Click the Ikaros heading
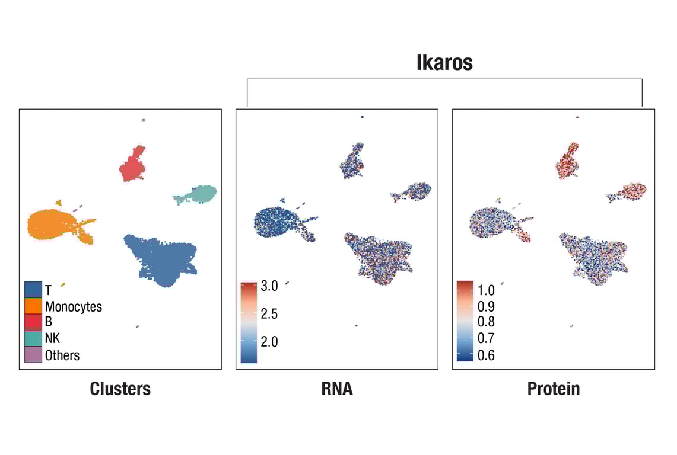[444, 63]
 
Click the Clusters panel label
[120, 389]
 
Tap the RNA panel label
[336, 389]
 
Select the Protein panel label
[553, 389]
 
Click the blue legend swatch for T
[33, 290]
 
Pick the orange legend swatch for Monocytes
[33, 306]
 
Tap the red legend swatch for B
[33, 322]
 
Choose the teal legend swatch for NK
[33, 338]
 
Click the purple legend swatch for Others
[33, 355]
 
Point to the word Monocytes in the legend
[74, 306]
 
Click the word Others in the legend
[62, 355]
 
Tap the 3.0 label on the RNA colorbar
[269, 286]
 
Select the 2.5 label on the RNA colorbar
[269, 314]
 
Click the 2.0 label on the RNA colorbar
[269, 342]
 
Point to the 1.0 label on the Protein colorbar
[486, 290]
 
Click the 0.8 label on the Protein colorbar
[486, 322]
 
